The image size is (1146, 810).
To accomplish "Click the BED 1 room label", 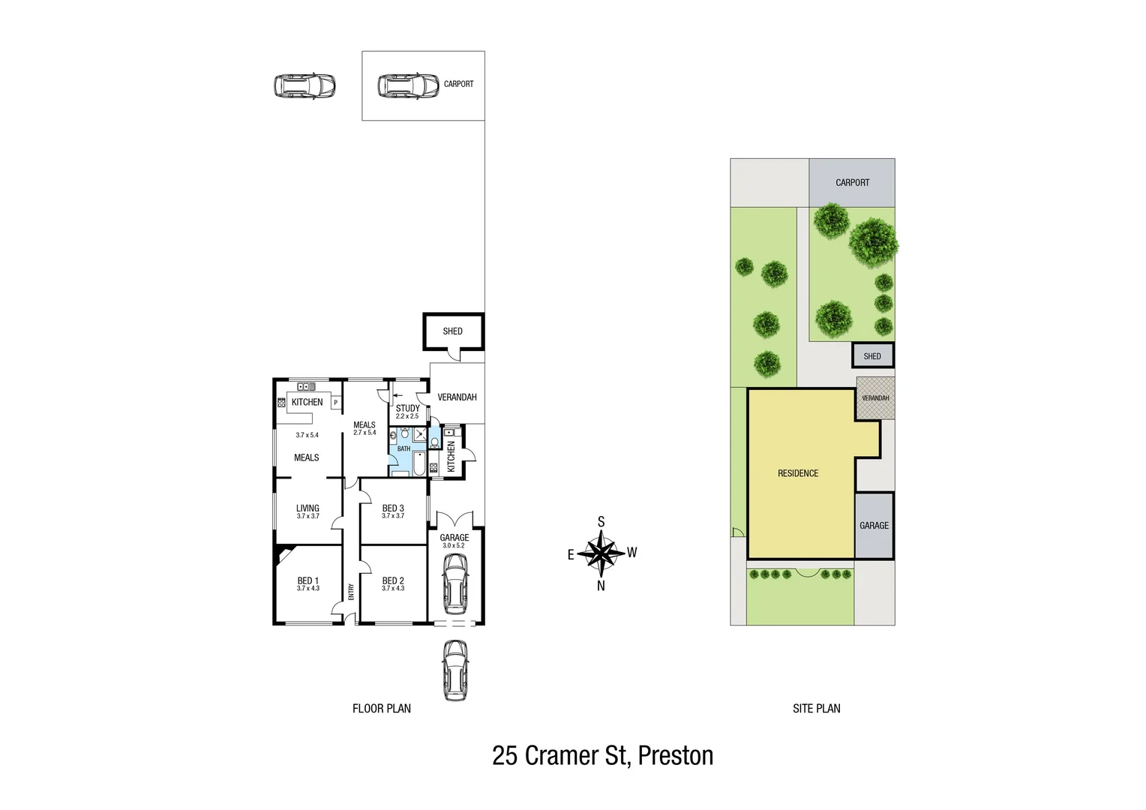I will point(307,581).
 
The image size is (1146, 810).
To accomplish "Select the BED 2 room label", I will point(393,581).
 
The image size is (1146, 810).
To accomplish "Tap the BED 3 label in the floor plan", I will point(393,508).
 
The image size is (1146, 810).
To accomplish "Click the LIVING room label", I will point(307,508).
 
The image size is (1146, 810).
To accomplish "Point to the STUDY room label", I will point(407,409).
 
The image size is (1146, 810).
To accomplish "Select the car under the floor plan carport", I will point(408,86).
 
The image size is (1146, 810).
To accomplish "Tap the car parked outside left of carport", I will point(304,86).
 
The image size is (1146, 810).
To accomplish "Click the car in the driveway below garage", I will point(455,670).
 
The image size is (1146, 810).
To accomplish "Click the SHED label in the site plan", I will point(872,356).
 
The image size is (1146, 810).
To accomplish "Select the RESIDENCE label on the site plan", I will point(798,473).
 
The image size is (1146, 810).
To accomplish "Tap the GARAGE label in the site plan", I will point(874,526).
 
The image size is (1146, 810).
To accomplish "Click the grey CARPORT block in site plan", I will point(852,183).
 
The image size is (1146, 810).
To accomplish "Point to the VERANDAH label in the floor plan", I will point(457,397).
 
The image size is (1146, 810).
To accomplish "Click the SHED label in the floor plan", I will point(452,331).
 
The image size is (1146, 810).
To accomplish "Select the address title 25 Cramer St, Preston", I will point(602,755).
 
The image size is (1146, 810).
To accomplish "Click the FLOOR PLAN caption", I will point(382,708).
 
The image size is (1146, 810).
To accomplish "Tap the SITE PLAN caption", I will point(816,708).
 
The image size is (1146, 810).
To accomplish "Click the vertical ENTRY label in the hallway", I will point(351,592).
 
